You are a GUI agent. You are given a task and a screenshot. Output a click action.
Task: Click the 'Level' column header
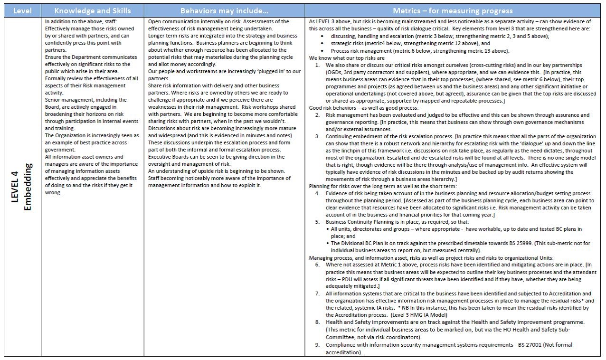22,10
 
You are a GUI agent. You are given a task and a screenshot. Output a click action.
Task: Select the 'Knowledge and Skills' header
92,10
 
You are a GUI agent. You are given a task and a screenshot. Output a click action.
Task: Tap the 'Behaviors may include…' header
224,10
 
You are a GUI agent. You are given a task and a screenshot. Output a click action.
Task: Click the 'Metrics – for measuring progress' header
453,10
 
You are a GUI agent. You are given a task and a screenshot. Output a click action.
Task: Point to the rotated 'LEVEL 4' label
15,187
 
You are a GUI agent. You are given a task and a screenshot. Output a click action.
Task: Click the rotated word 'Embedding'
27,187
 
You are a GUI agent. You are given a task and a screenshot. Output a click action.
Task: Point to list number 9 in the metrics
317,345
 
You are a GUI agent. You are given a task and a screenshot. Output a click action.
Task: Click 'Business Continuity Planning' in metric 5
362,222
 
